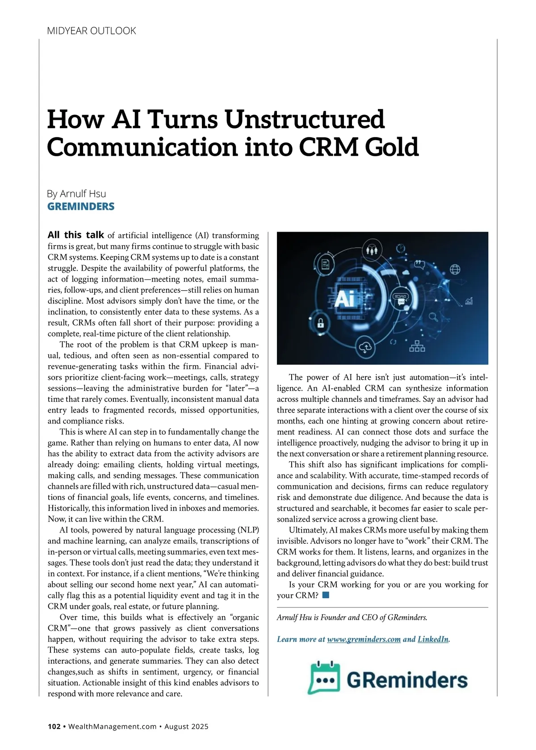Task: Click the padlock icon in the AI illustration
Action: pyautogui.click(x=320, y=323)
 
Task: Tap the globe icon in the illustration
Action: pyautogui.click(x=455, y=269)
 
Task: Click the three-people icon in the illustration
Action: pyautogui.click(x=372, y=250)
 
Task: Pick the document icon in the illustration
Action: pyautogui.click(x=326, y=264)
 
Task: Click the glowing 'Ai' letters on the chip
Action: pyautogui.click(x=344, y=299)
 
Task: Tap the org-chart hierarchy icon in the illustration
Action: pyautogui.click(x=417, y=346)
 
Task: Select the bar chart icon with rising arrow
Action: pyautogui.click(x=469, y=301)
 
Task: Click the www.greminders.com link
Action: pyautogui.click(x=364, y=639)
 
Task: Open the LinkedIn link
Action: pyautogui.click(x=433, y=639)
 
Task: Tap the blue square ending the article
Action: pyautogui.click(x=325, y=595)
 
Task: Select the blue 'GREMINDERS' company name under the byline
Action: pyautogui.click(x=81, y=207)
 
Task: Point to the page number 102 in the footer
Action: pyautogui.click(x=54, y=726)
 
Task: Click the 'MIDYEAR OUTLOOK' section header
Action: pyautogui.click(x=91, y=31)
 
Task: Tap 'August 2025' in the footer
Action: pyautogui.click(x=186, y=726)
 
